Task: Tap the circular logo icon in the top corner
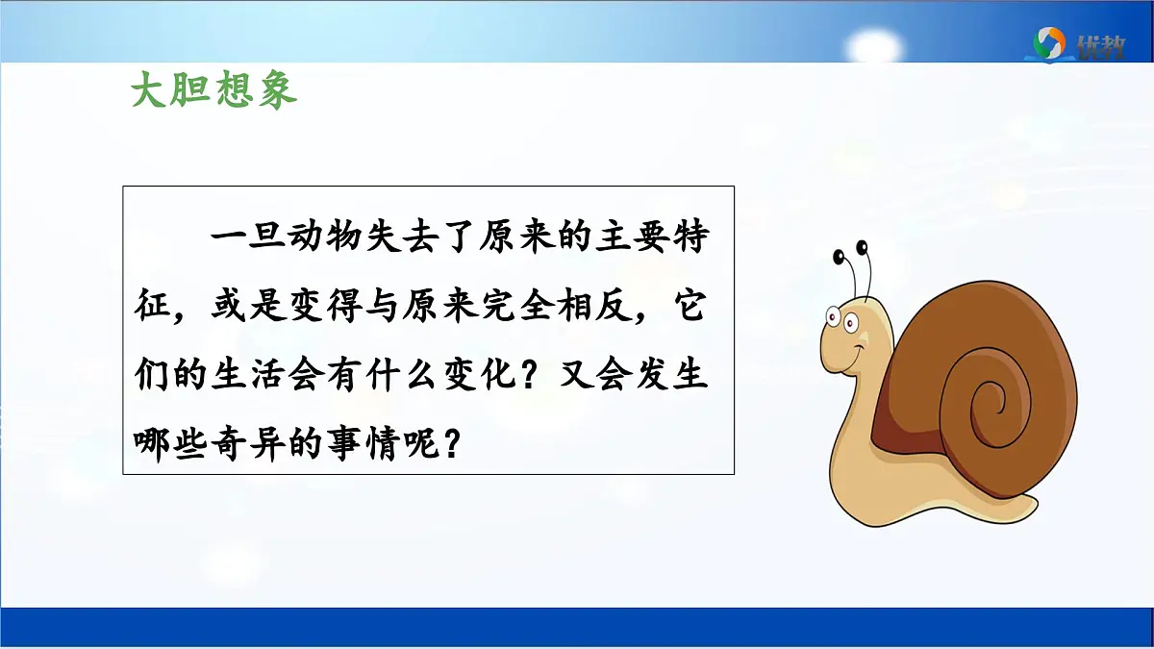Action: point(1048,42)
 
